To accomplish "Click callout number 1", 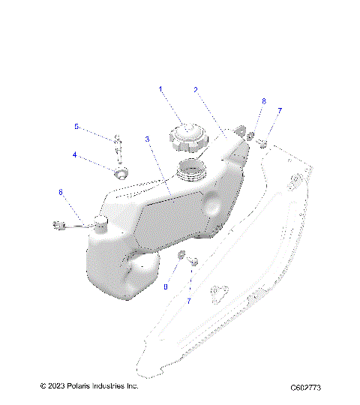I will (160, 90).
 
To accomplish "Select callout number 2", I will (196, 89).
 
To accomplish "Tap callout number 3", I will (148, 139).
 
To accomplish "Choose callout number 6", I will (61, 192).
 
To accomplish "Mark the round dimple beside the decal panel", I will (212, 204).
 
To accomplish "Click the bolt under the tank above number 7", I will (192, 262).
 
